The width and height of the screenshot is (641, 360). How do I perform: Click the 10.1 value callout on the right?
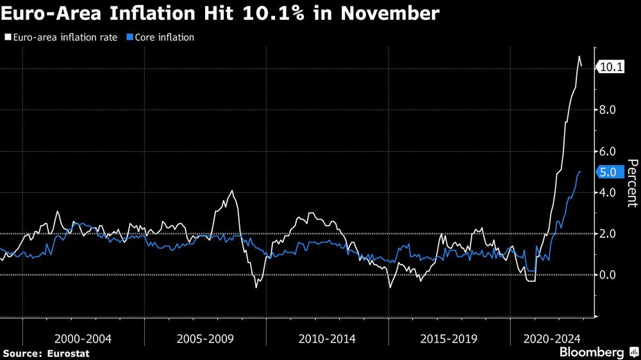click(610, 67)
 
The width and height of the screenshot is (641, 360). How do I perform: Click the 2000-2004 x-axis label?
click(83, 338)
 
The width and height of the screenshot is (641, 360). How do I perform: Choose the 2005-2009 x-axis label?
click(205, 338)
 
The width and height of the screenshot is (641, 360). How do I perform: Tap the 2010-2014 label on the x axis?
click(327, 338)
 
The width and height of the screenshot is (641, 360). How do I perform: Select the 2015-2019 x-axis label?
click(449, 338)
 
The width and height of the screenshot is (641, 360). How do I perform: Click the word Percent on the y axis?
click(631, 183)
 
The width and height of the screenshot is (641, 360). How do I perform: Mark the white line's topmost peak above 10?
click(579, 56)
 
